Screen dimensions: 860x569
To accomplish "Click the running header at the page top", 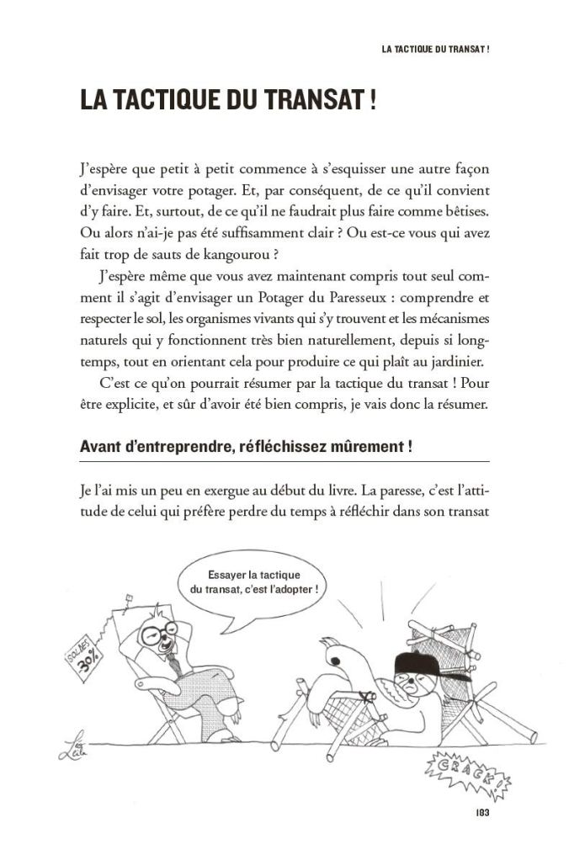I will tap(435, 49).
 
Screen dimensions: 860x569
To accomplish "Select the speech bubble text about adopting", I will tap(254, 582).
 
